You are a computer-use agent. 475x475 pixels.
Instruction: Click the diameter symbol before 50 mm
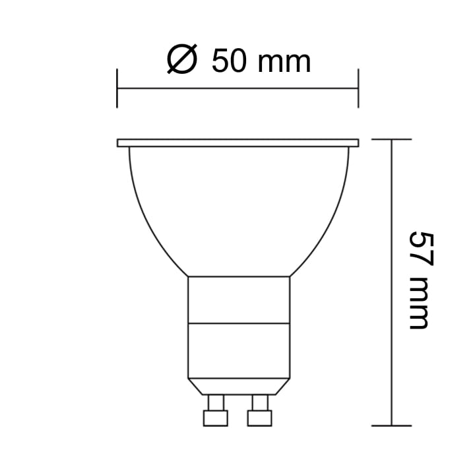pos(182,61)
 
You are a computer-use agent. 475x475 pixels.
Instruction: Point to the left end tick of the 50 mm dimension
pos(117,87)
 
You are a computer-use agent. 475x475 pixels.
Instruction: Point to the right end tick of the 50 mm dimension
pos(358,87)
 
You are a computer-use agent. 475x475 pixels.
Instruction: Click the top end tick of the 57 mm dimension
pos(392,140)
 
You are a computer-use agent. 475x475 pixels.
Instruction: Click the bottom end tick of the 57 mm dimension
pos(392,426)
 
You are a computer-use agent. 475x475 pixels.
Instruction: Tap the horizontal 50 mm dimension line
pos(237,87)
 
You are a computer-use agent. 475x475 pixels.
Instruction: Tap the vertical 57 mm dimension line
pos(392,284)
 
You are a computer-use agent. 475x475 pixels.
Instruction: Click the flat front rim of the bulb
pos(237,142)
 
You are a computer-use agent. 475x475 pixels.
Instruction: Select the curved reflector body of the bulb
pos(237,211)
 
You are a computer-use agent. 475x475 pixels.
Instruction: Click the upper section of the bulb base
pos(239,300)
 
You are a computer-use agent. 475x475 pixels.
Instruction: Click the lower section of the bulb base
pos(239,350)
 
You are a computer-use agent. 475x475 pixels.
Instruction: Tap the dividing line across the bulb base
pos(239,323)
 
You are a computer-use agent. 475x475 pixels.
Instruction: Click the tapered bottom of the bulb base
pos(239,386)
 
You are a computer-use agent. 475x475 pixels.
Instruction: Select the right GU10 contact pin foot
pos(259,418)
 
